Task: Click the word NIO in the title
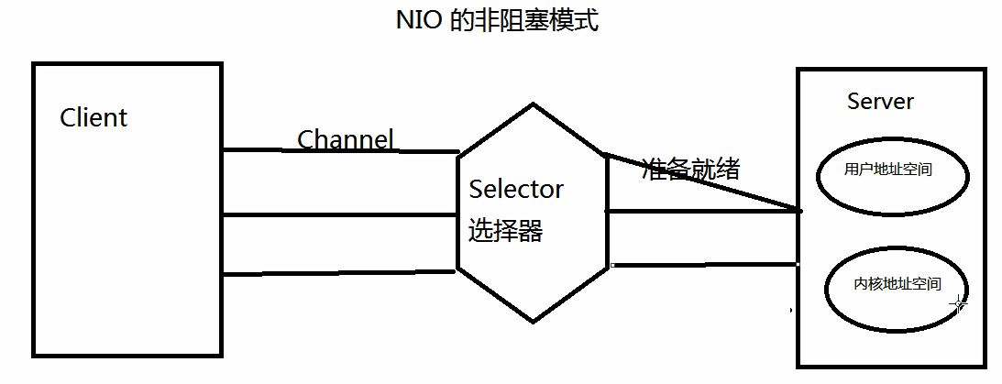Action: pos(419,21)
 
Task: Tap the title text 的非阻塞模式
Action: pos(525,21)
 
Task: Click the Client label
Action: pos(94,118)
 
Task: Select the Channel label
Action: pos(346,139)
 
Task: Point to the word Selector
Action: pos(516,190)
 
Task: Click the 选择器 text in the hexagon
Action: pos(505,231)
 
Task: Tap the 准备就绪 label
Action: pos(691,169)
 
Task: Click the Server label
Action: pos(880,102)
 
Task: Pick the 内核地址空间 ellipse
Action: pos(897,284)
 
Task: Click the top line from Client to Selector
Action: pos(339,151)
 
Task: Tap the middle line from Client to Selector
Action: pos(339,215)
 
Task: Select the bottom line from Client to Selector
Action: pos(339,272)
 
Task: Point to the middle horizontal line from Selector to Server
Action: pos(701,212)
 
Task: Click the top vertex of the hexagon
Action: pos(533,104)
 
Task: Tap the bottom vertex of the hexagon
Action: pos(534,322)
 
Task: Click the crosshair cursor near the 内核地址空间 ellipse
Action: pos(958,303)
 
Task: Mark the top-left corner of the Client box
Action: pos(35,65)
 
